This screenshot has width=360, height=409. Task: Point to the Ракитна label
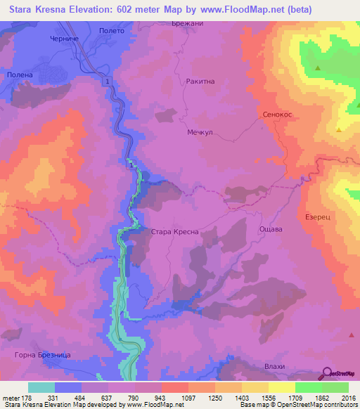pos(199,82)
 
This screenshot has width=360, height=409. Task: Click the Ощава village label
pos(271,229)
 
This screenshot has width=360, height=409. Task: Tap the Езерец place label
pos(319,218)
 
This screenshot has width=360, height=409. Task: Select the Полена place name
pos(20,74)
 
